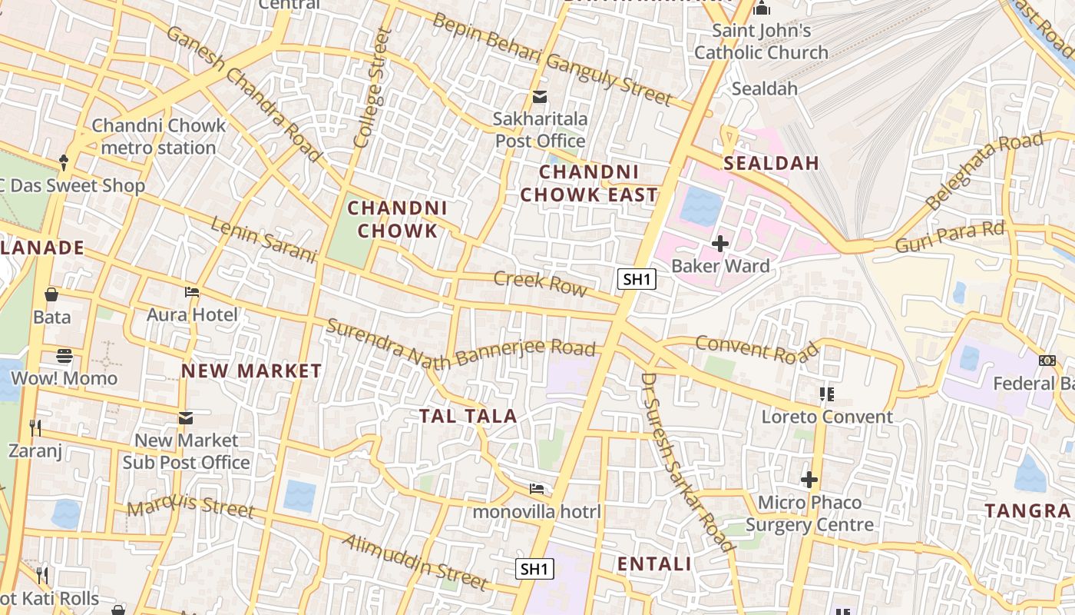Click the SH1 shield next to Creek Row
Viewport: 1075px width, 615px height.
pos(637,279)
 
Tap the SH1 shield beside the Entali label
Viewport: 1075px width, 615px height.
pos(534,569)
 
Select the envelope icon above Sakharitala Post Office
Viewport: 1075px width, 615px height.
pos(540,97)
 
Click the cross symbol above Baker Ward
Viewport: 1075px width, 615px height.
pos(719,244)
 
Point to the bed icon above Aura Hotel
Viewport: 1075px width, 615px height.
pos(192,292)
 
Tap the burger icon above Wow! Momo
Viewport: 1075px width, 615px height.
pos(64,356)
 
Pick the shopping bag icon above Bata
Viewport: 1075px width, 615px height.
pos(51,294)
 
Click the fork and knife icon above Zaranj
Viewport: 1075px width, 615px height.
pos(35,427)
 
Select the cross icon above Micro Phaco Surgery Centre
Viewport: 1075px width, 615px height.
pos(809,480)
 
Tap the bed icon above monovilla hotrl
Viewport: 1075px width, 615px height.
pos(537,489)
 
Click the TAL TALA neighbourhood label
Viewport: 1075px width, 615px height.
pos(468,416)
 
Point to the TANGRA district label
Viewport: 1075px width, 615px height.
pos(1027,510)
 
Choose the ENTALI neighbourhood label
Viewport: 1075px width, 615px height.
pos(654,563)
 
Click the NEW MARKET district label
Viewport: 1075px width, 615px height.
pos(251,371)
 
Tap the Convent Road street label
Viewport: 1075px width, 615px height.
pos(757,348)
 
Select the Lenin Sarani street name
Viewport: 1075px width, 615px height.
pos(263,240)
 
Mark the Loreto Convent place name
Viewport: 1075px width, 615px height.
pos(827,417)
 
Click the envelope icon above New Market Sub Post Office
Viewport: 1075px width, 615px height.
pos(185,418)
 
